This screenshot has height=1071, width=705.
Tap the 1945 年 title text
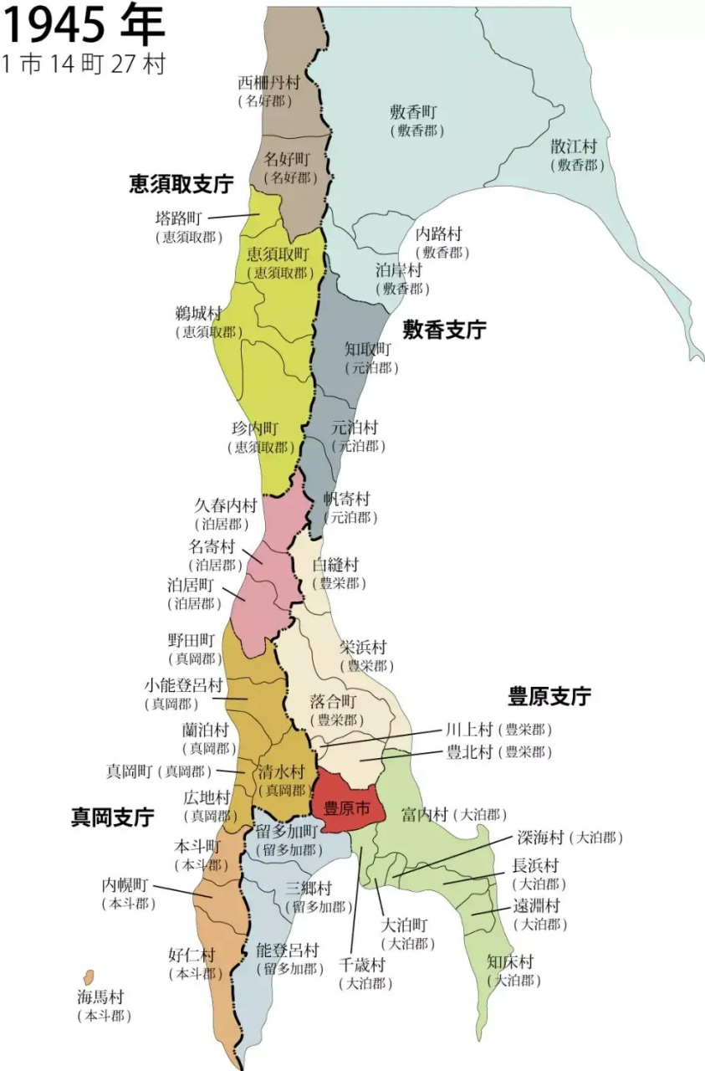pyautogui.click(x=84, y=25)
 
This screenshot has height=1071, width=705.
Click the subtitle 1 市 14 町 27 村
pyautogui.click(x=84, y=64)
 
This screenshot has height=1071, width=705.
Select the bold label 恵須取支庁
pyautogui.click(x=181, y=184)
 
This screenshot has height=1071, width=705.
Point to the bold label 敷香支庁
pyautogui.click(x=444, y=330)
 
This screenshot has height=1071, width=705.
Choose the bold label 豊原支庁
pyautogui.click(x=549, y=696)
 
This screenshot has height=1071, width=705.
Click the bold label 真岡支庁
pyautogui.click(x=112, y=817)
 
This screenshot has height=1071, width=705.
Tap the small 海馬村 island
pyautogui.click(x=88, y=977)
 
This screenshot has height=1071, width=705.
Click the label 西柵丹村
pyautogui.click(x=268, y=83)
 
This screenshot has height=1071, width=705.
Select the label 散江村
pyautogui.click(x=574, y=146)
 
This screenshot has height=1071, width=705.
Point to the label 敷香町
pyautogui.click(x=414, y=111)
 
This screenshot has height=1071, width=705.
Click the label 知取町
pyautogui.click(x=368, y=348)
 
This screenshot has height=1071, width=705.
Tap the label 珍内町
pyautogui.click(x=255, y=428)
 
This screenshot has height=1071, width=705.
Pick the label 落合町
pyautogui.click(x=334, y=700)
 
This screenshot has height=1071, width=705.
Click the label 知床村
pyautogui.click(x=510, y=961)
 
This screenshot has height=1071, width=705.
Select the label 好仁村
pyautogui.click(x=192, y=955)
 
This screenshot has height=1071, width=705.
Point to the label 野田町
pyautogui.click(x=192, y=640)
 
